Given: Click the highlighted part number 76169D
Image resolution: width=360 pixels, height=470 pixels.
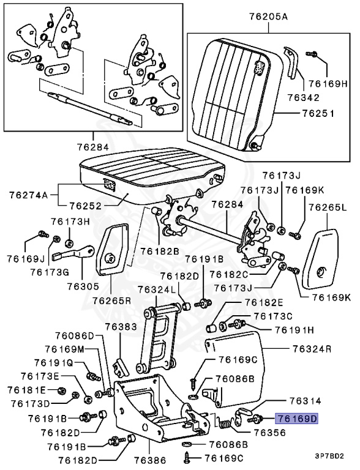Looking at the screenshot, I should tap(297, 419).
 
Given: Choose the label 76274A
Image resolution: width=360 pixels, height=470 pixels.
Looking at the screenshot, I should tap(28, 195).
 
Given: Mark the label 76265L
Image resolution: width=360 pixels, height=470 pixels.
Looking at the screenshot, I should tap(328, 208).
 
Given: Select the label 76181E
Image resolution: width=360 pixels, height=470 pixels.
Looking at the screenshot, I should tap(26, 390).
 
